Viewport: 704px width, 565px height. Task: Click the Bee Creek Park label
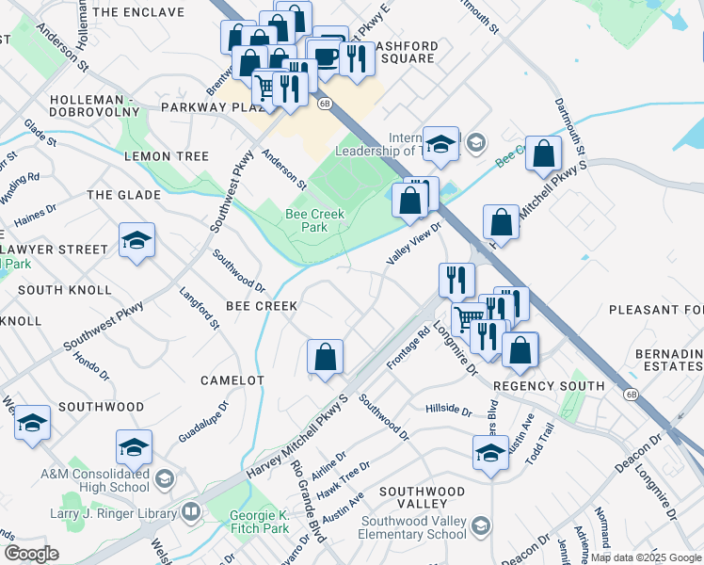tap(314, 221)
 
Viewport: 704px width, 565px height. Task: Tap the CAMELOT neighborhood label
tap(232, 379)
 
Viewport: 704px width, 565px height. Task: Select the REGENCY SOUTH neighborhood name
tap(549, 386)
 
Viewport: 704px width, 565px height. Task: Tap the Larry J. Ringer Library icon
tap(190, 513)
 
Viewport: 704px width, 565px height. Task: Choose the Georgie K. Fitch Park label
tap(261, 522)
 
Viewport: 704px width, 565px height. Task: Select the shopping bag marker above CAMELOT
tap(325, 358)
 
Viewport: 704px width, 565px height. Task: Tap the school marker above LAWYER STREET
tap(136, 241)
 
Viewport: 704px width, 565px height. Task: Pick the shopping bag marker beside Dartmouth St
tap(544, 155)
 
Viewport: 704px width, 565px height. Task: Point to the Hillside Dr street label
tap(448, 410)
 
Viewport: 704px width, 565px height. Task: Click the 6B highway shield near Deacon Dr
tap(630, 393)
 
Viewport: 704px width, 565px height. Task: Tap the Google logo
tap(31, 554)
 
